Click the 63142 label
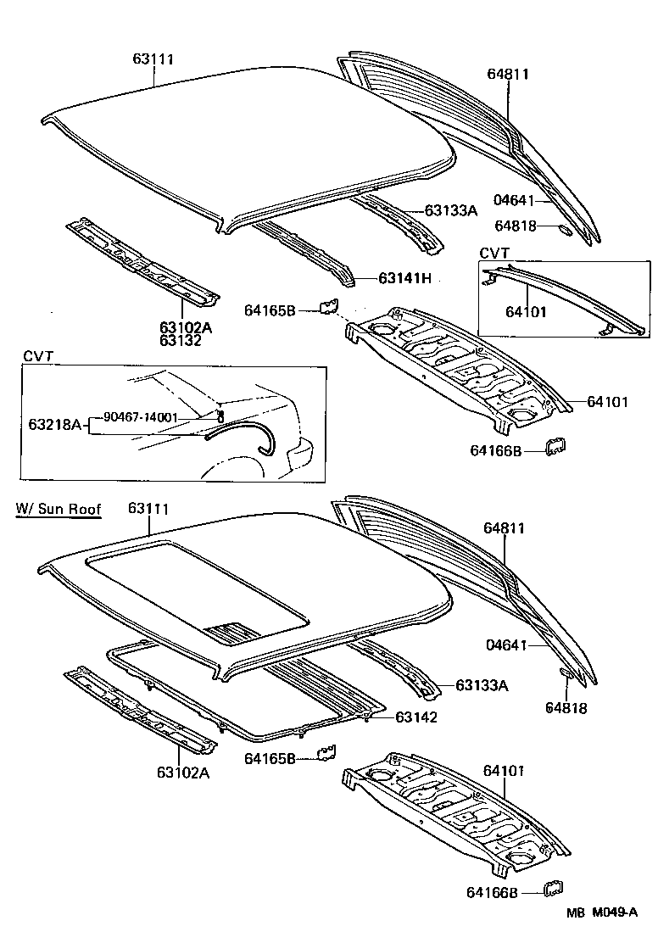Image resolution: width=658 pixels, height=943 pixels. coord(416,717)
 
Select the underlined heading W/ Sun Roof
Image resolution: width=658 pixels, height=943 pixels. coord(59,510)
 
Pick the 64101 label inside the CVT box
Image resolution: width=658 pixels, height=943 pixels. coord(526,312)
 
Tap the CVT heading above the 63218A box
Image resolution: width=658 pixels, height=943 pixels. coord(37,358)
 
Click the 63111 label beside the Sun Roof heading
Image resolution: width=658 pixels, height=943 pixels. coord(149,509)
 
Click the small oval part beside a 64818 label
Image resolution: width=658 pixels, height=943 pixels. coord(565,227)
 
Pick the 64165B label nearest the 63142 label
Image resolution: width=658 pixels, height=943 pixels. coord(270,758)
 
